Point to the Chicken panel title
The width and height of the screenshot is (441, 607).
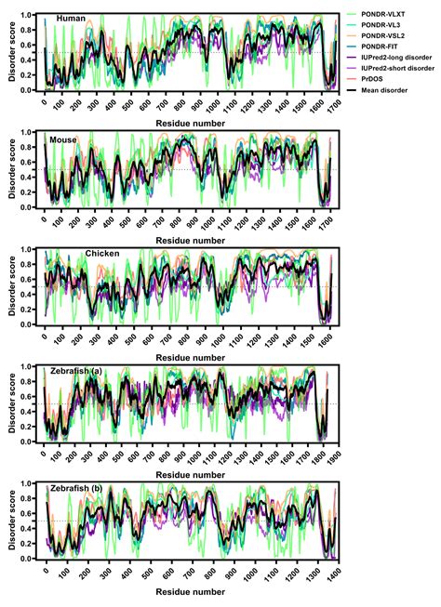(102, 253)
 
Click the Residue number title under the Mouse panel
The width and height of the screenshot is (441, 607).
(190, 240)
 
